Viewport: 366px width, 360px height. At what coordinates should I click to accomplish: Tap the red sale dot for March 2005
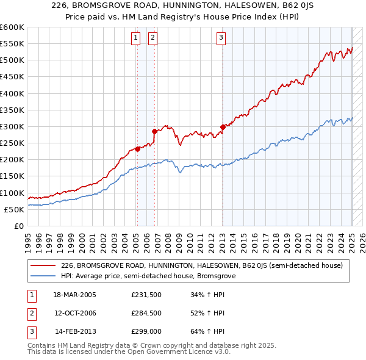(x=138, y=148)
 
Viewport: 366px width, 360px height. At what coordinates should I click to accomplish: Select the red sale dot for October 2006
(x=155, y=131)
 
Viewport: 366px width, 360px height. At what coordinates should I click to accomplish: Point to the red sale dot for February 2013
(x=223, y=126)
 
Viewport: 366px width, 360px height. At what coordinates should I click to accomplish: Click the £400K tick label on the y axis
(x=12, y=93)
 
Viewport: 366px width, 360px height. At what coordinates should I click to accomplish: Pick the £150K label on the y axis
(x=12, y=176)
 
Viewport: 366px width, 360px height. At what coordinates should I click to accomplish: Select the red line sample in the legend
(x=43, y=265)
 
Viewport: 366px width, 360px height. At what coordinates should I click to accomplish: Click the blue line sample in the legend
(x=43, y=275)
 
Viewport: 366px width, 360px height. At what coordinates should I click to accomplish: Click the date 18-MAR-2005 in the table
(x=75, y=294)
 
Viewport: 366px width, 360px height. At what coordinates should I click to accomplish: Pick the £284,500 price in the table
(x=146, y=313)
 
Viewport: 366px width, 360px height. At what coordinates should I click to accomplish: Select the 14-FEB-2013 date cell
(x=76, y=332)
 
